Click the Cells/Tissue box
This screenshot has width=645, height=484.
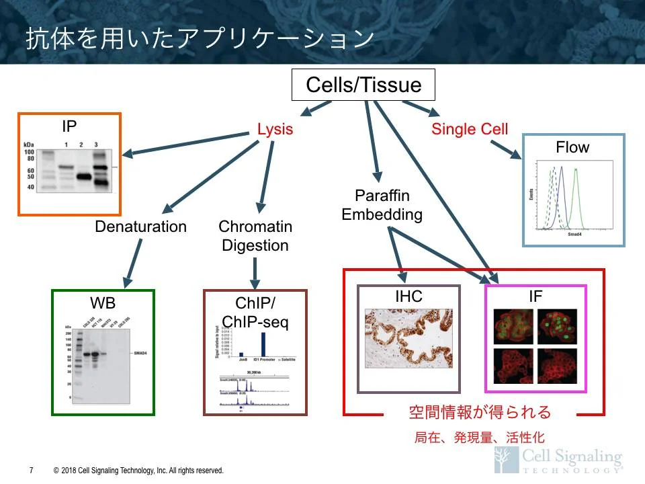pos(363,85)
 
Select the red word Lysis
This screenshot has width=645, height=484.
pos(275,129)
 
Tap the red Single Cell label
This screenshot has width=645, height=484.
pos(470,129)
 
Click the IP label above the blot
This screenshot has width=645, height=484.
pos(69,126)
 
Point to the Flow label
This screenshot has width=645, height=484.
pos(572,147)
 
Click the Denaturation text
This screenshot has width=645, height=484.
pos(140,227)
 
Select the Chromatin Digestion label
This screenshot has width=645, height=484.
pos(255,236)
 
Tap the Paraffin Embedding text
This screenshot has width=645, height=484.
pos(382,205)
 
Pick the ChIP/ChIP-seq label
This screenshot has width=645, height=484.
pos(255,313)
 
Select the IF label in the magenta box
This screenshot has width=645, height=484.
pos(535,296)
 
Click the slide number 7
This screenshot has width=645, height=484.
pos(32,471)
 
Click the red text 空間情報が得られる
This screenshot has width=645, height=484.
pos(480,411)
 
